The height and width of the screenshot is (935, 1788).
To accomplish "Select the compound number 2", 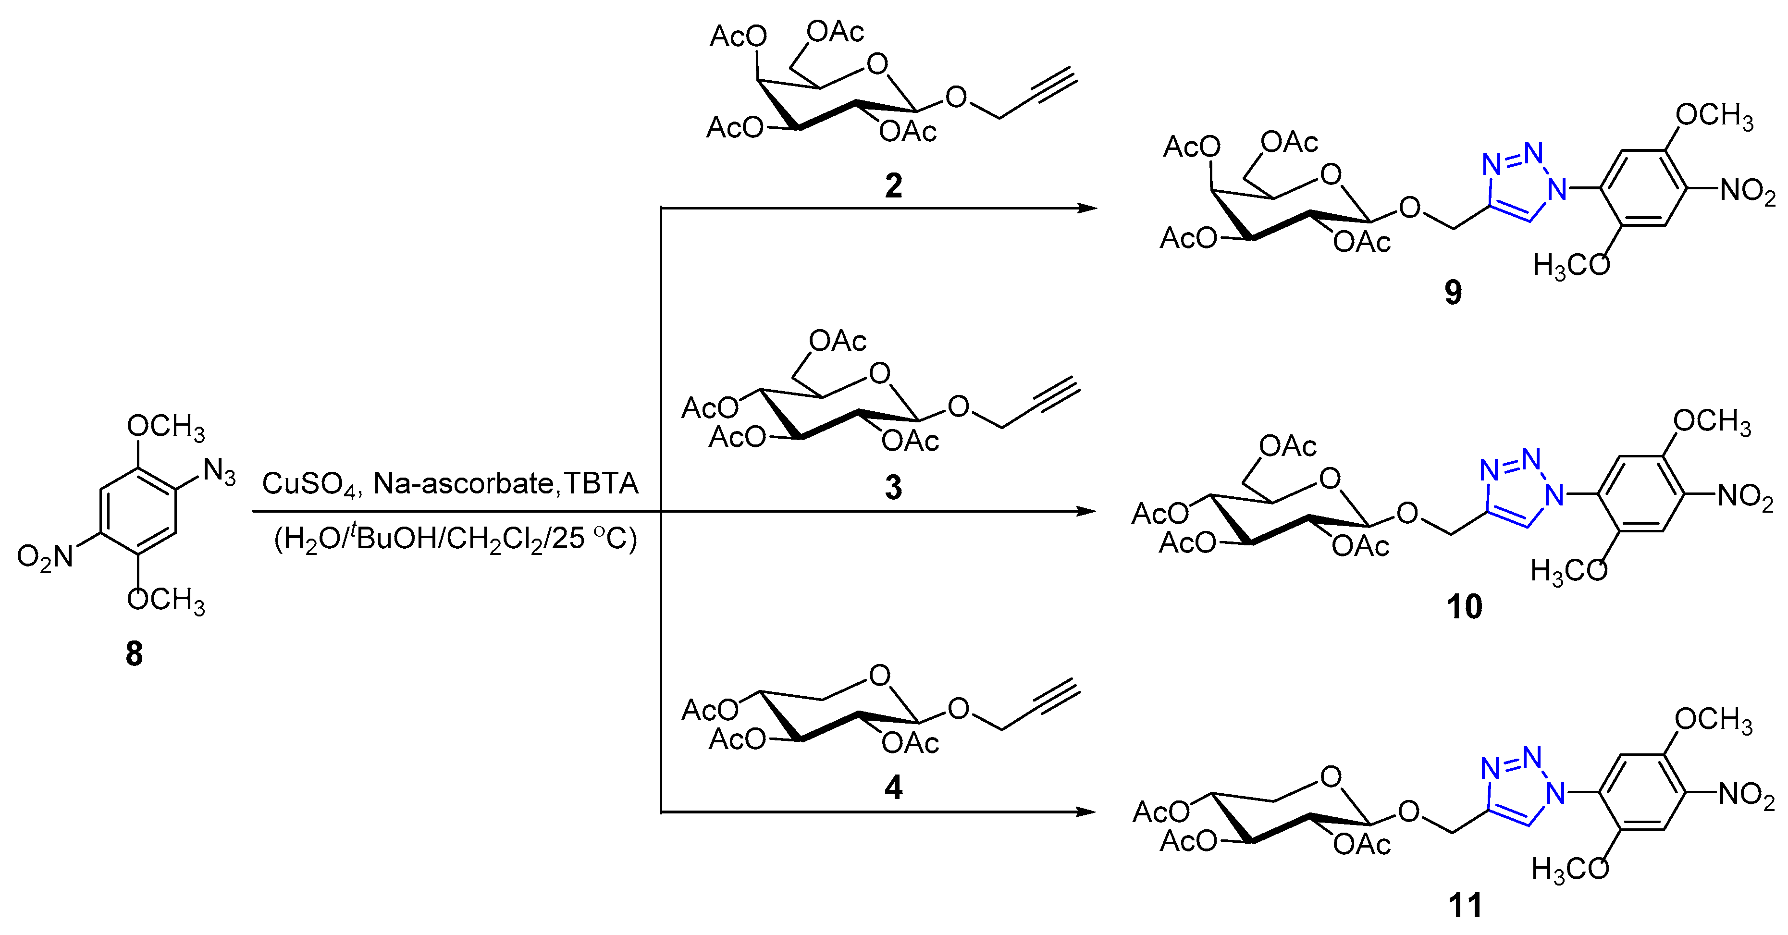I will [893, 185].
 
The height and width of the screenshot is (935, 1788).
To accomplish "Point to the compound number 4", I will [893, 787].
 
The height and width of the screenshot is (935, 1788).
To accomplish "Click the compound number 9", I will [1453, 292].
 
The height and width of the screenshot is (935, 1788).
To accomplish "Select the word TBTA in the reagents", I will [601, 483].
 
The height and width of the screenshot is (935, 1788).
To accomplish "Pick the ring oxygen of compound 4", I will [879, 676].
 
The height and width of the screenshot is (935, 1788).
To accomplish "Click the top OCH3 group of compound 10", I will [1712, 422].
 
